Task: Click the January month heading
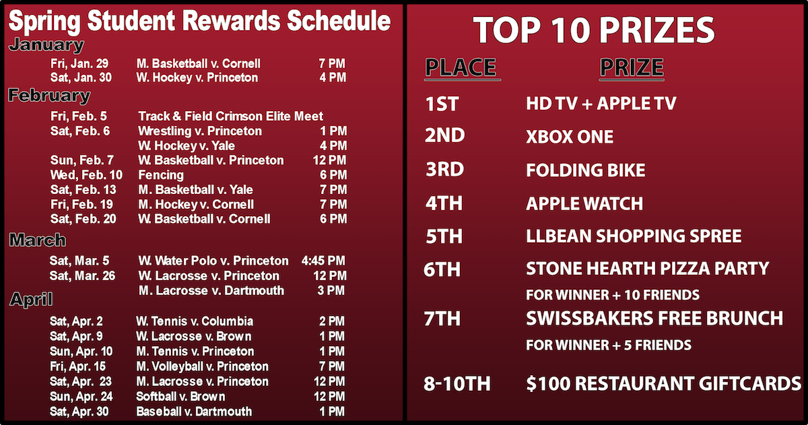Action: tap(46, 45)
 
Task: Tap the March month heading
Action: tap(38, 240)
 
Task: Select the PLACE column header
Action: tap(461, 67)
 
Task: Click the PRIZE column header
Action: tap(632, 67)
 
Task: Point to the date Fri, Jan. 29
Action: tap(79, 64)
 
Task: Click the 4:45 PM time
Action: tap(323, 261)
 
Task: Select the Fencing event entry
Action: tap(161, 175)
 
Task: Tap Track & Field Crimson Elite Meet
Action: tap(230, 117)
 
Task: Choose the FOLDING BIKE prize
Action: tap(585, 170)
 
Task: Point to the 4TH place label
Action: tap(444, 203)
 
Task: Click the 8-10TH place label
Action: tap(457, 383)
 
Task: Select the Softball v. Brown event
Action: tap(180, 397)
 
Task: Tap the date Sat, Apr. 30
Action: tap(79, 412)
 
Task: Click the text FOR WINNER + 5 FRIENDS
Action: tap(609, 346)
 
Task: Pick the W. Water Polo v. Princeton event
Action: tap(213, 261)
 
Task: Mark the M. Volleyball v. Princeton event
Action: tap(203, 367)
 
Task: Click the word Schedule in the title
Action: tap(339, 21)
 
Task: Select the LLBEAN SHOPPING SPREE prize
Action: tap(634, 236)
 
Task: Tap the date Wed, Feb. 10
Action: tap(87, 175)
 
